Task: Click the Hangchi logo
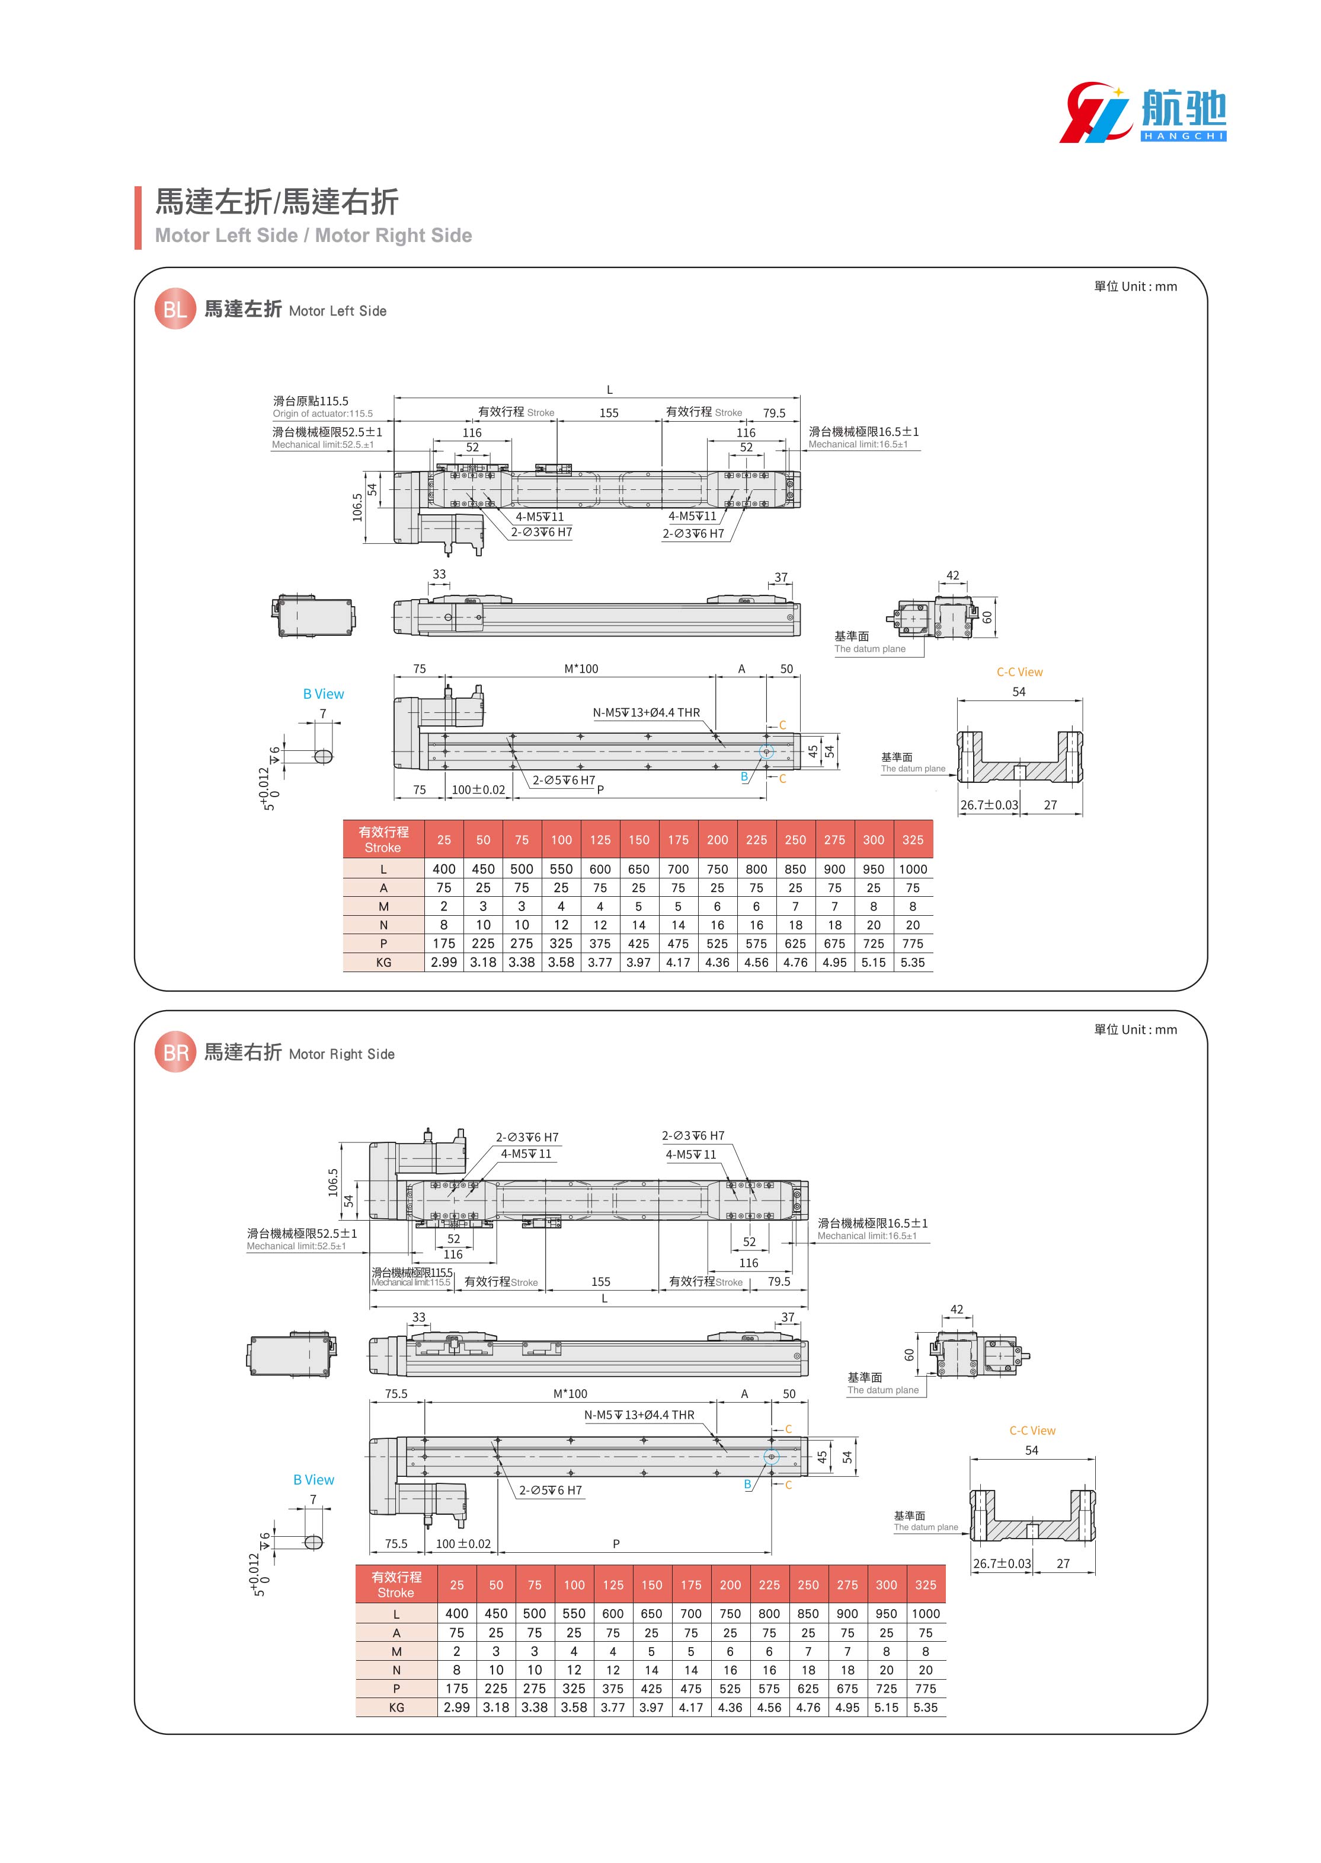[1142, 112]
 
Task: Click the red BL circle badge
[175, 309]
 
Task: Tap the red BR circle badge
[175, 1052]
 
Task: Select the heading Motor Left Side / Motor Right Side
[313, 235]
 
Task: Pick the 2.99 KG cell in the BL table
[444, 962]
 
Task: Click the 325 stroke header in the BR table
[926, 1585]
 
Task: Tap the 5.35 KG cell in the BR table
[926, 1708]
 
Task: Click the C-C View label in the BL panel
[1019, 672]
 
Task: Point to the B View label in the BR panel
[314, 1480]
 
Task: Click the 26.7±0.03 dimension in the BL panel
[989, 805]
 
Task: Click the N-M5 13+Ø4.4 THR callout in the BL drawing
[646, 713]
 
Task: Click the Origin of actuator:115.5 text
[323, 413]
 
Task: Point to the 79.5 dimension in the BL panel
[773, 413]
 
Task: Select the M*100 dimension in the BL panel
[581, 669]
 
